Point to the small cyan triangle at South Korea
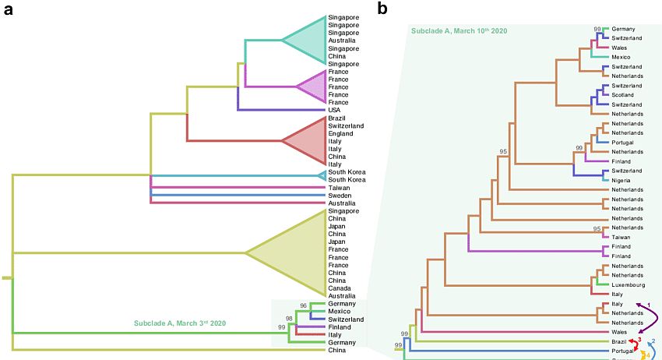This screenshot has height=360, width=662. coord(322,175)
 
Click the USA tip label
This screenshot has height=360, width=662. coord(335,110)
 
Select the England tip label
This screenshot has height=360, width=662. coord(342,133)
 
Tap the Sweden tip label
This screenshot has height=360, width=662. coord(340,196)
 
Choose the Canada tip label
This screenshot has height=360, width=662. coord(340,288)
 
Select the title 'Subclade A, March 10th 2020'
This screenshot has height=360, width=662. coord(460,30)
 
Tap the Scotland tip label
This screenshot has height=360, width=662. coord(625,95)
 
